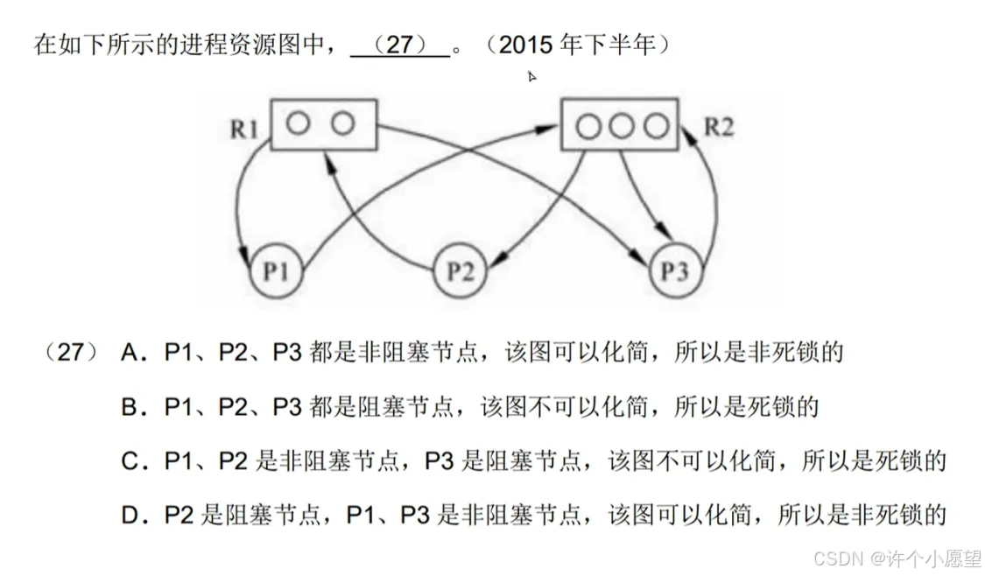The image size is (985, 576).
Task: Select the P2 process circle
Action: point(461,271)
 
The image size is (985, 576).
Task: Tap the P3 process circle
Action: point(675,271)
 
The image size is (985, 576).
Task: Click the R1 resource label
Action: point(246,130)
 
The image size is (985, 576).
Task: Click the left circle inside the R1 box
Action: point(299,123)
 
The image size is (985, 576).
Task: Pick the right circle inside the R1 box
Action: point(342,123)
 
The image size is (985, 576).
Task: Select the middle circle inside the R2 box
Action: point(621,126)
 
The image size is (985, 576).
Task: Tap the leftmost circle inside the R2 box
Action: point(588,126)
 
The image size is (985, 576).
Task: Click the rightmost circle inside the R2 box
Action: point(655,126)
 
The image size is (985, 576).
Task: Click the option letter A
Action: point(132,353)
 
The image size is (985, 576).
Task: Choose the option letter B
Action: point(132,407)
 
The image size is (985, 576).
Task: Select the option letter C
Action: point(132,461)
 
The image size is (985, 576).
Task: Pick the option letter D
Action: point(132,516)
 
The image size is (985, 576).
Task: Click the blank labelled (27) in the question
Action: point(399,46)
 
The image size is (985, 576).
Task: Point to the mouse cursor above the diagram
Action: point(531,77)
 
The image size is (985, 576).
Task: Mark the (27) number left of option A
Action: point(68,353)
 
